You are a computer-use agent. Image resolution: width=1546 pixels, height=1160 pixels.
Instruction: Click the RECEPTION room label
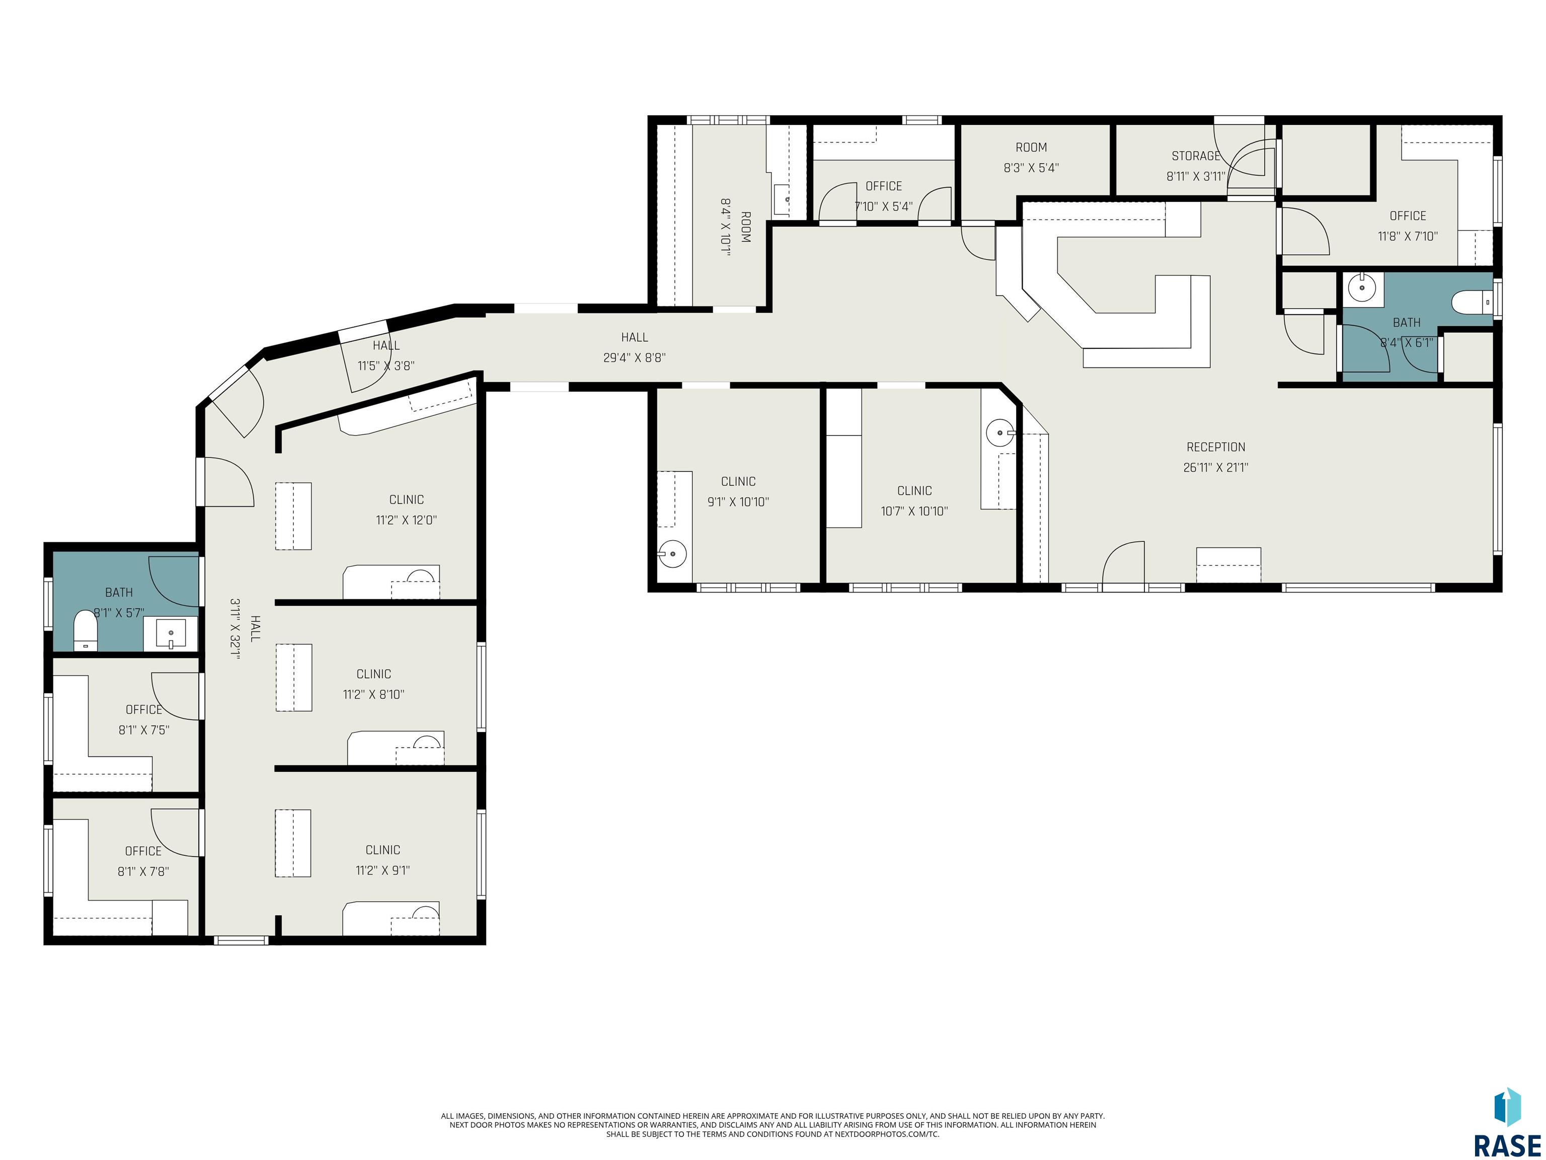tap(1215, 447)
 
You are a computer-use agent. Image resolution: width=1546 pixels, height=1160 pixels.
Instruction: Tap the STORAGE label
tap(1196, 156)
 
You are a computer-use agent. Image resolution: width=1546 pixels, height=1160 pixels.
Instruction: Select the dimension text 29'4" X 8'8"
tap(634, 358)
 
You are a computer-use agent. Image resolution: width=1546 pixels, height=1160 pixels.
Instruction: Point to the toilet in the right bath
tap(1472, 303)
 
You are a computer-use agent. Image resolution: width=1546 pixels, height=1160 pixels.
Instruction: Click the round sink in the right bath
tap(1361, 286)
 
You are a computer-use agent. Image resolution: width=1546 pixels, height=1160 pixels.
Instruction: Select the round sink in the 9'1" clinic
tap(672, 554)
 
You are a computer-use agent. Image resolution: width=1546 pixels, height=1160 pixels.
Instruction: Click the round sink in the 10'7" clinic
tap(1000, 433)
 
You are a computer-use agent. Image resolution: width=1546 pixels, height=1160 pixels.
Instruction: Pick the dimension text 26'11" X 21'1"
tap(1215, 467)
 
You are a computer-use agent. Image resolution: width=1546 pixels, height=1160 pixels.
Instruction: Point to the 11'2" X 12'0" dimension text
tap(406, 520)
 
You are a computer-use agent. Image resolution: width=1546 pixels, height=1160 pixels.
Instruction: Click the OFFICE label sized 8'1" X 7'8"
tap(143, 851)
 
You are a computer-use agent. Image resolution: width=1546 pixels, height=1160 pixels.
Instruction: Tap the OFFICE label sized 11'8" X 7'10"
tap(1408, 216)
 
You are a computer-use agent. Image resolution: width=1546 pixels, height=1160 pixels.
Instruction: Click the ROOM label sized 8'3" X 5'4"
tap(1031, 148)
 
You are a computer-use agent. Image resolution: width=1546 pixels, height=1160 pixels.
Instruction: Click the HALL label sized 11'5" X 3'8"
tap(386, 345)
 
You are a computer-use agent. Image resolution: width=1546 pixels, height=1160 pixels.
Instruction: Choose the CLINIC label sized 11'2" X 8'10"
tap(374, 674)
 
